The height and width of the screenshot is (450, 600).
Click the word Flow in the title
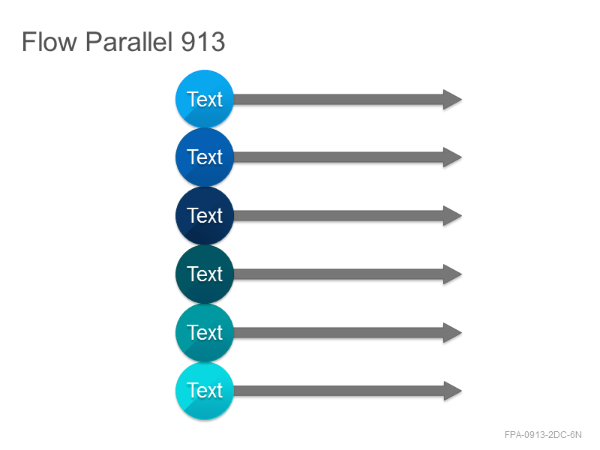click(49, 41)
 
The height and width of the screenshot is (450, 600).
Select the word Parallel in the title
click(128, 41)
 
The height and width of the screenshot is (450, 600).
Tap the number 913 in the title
click(202, 42)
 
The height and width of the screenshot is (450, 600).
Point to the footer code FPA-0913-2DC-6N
click(543, 435)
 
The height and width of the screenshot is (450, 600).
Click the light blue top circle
click(205, 99)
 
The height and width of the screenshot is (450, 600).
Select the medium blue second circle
click(205, 157)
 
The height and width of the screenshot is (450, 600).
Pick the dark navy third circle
click(205, 216)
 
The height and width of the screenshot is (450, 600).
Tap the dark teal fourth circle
click(205, 274)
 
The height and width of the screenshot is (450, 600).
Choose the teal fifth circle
click(205, 332)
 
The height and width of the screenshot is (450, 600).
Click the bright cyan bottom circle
click(205, 391)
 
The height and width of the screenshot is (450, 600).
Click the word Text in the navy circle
click(205, 216)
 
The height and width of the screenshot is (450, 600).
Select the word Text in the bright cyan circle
click(205, 391)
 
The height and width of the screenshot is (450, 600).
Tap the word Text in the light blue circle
click(205, 100)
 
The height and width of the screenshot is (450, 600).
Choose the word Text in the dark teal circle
click(205, 274)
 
